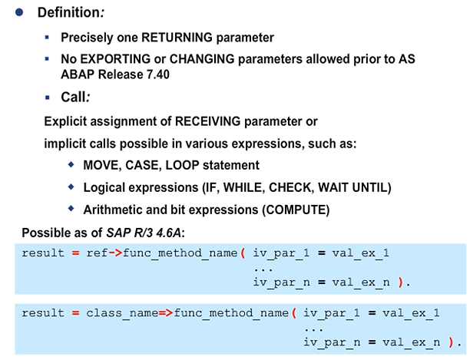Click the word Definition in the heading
click(69, 13)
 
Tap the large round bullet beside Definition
click(19, 13)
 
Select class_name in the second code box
click(124, 312)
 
